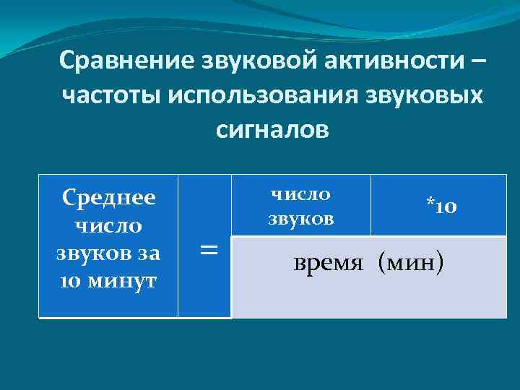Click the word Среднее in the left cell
coord(108,197)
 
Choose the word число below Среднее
coord(108,225)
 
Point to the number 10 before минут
coord(71,280)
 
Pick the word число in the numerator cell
coord(300,194)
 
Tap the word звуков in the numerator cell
coord(301,218)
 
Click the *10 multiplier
coord(441,207)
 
